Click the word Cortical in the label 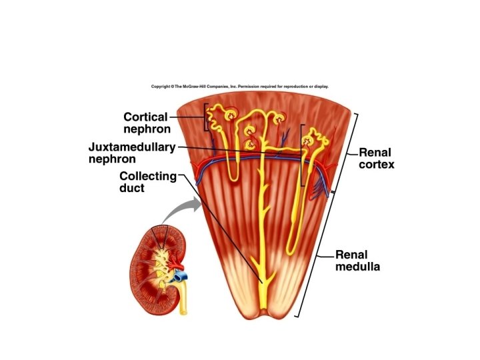click(145, 117)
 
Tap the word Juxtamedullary click(131, 147)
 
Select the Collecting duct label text click(148, 182)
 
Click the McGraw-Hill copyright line click(239, 86)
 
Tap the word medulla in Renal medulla click(357, 267)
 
